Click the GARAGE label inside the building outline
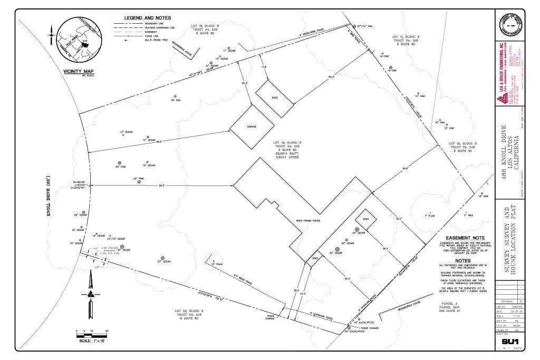tap(251, 127)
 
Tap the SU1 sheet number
tap(511, 342)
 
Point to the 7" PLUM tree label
tap(429, 216)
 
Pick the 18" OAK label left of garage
tap(176, 100)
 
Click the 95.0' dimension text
tap(161, 186)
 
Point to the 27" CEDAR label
tap(164, 261)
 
